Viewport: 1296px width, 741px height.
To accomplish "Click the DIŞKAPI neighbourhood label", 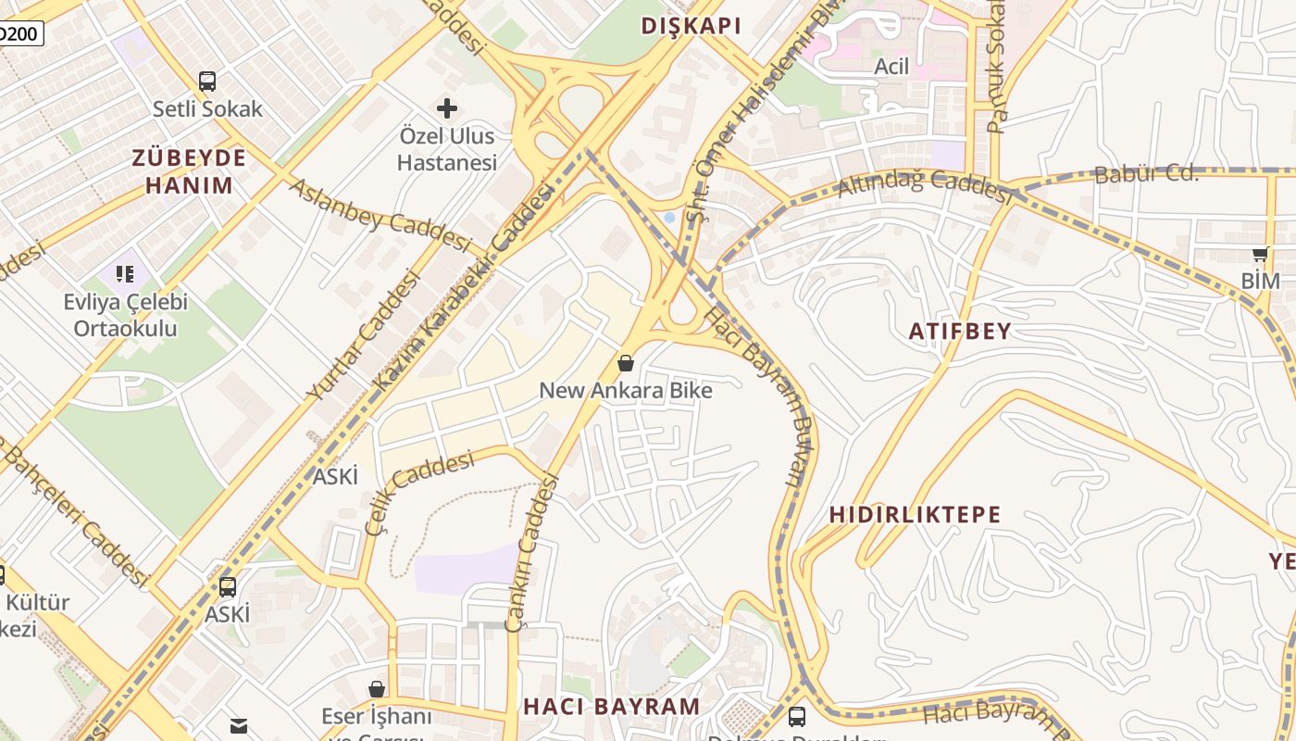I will point(692,26).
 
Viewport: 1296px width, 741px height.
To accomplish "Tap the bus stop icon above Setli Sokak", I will point(207,82).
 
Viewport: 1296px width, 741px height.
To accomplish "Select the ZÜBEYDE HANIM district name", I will point(189,171).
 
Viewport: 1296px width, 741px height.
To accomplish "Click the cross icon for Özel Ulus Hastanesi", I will point(447,108).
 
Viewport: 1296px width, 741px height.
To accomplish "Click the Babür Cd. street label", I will point(1146,174).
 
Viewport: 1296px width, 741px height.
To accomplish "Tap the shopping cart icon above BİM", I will point(1260,255).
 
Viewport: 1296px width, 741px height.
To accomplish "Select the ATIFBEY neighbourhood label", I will point(960,332).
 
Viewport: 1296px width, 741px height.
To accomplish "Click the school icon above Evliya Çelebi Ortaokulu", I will point(125,273).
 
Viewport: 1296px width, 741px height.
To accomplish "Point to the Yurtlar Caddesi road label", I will point(363,341).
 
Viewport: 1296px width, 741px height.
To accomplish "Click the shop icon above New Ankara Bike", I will point(626,363).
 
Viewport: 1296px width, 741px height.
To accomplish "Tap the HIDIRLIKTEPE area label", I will point(915,515).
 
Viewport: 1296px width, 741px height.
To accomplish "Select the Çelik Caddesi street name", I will point(418,492).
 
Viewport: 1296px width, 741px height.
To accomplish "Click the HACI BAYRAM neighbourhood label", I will point(612,706).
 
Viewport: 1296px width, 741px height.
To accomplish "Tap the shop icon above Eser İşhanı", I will point(377,689).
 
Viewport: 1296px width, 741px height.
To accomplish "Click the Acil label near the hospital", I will point(891,67).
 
